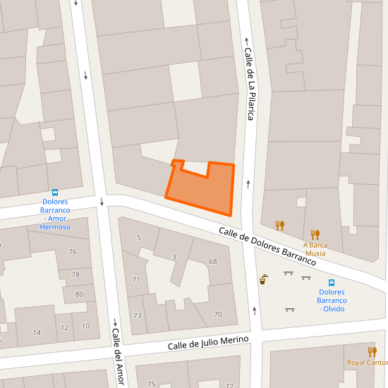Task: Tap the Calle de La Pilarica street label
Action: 248,83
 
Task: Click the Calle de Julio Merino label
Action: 208,344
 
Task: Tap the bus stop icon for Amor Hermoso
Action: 56,193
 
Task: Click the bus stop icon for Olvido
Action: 332,283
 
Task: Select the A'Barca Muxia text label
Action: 315,249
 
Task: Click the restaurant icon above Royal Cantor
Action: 372,351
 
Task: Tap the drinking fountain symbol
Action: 263,279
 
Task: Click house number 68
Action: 213,262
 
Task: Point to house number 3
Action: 174,257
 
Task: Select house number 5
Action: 138,237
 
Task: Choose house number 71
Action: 136,280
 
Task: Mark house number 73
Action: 137,315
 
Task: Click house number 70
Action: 218,314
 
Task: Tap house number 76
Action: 73,252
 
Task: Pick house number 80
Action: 79,295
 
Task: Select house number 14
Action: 37,332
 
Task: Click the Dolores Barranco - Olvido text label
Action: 332,301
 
